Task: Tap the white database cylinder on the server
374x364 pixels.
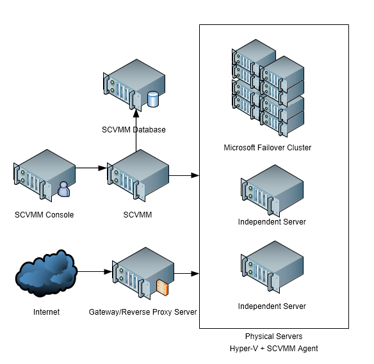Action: [x=152, y=100]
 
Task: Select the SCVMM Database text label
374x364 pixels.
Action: [x=133, y=130]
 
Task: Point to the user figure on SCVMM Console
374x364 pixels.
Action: [x=63, y=189]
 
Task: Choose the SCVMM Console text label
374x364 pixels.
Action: [x=44, y=215]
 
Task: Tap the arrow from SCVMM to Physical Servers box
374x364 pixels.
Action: [x=184, y=175]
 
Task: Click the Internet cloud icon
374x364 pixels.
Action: [x=45, y=274]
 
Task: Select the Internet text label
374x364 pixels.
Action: [x=46, y=312]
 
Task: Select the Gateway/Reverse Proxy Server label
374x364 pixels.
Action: [x=143, y=312]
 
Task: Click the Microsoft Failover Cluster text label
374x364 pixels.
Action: [x=267, y=148]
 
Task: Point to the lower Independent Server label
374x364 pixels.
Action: [x=272, y=306]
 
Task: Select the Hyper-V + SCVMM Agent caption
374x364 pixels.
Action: [x=273, y=349]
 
